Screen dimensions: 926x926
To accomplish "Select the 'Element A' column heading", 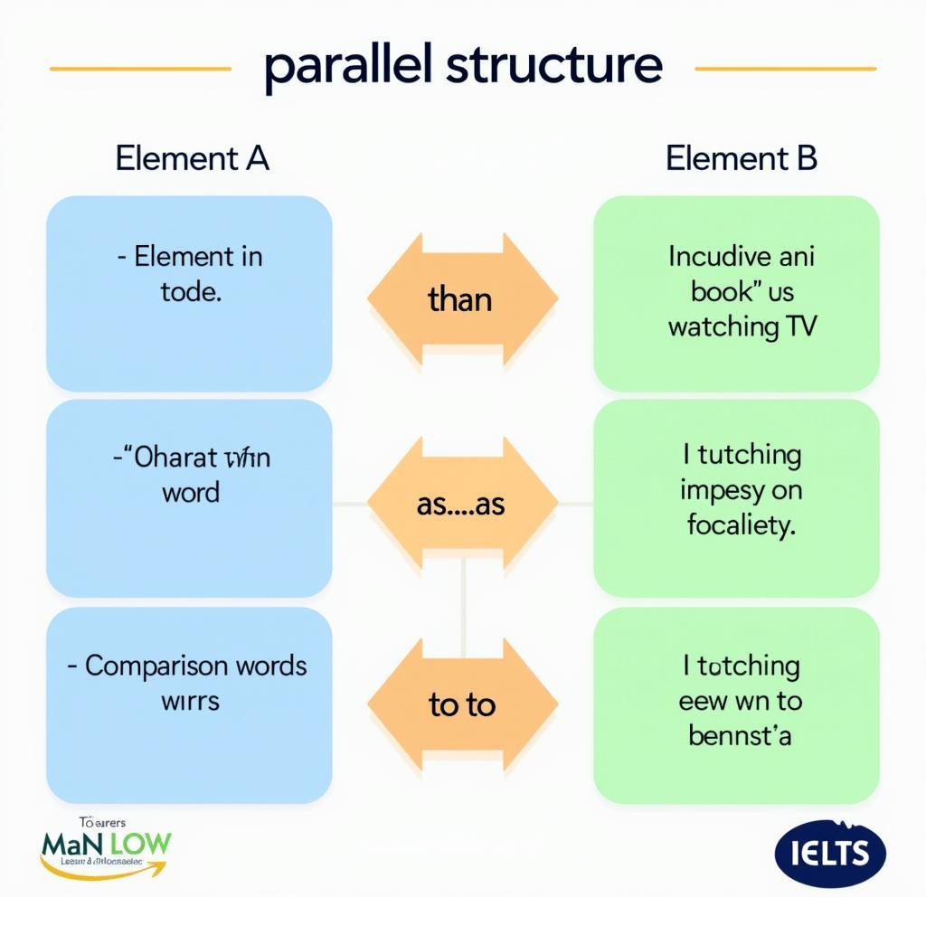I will tap(192, 158).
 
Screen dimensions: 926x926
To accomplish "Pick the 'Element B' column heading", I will tap(741, 158).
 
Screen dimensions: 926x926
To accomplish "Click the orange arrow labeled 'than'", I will tap(462, 298).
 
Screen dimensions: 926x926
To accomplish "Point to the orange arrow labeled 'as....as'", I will tap(462, 504).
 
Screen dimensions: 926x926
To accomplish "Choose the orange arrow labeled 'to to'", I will tap(462, 704).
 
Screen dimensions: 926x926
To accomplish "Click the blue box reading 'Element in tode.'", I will tap(189, 293).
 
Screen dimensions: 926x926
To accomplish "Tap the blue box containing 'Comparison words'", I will tap(189, 704).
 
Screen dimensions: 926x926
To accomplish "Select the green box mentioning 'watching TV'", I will tap(736, 293).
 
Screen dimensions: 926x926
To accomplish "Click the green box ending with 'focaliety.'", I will tap(736, 497).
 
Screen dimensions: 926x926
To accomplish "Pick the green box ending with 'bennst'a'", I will tap(736, 704).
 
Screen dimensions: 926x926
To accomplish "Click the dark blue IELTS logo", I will tap(830, 853).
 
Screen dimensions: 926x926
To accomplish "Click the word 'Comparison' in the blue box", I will tap(156, 666).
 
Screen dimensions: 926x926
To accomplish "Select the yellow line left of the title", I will tap(140, 68).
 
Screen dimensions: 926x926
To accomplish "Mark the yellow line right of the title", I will tap(785, 68).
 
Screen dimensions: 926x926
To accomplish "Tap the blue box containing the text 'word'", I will tap(189, 497).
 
